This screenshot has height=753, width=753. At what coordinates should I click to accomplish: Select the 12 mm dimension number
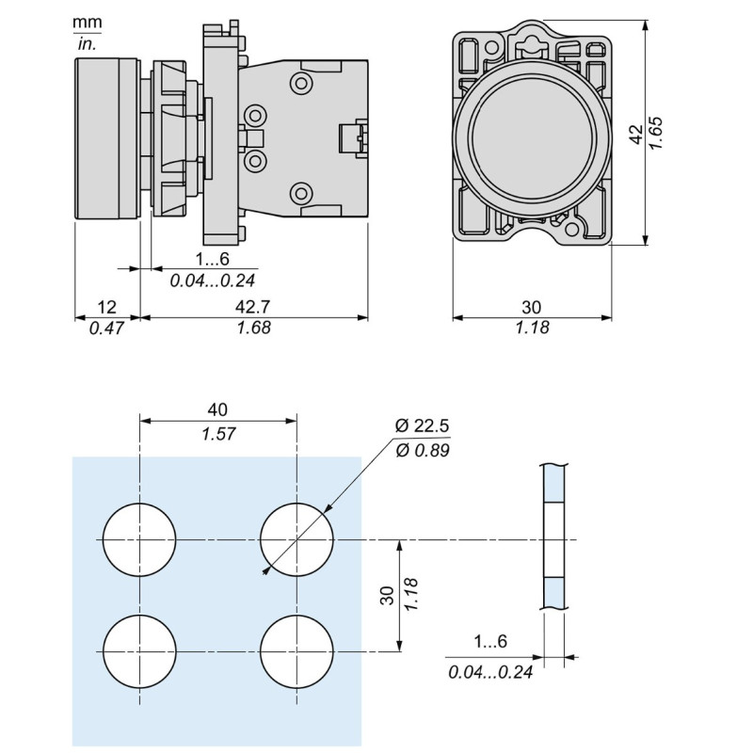107,307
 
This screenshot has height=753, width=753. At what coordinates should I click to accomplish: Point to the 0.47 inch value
107,328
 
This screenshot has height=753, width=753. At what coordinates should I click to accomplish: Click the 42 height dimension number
636,135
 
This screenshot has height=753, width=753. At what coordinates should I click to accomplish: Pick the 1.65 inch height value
658,135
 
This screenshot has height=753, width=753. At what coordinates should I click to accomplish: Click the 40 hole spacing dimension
217,410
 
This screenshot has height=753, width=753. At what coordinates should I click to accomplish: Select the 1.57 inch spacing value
217,433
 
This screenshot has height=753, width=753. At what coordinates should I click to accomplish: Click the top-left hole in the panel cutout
139,540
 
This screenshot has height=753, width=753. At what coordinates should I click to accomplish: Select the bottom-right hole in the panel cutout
296,651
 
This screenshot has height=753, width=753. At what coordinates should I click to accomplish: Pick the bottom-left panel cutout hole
139,651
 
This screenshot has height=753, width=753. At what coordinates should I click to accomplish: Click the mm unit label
88,22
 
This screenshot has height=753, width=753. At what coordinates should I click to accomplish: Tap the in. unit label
88,43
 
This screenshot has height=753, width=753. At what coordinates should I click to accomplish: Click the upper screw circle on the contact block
302,84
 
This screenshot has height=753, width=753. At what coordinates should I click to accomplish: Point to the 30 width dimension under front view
532,307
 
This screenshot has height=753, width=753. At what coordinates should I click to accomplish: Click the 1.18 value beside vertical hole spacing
411,595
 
